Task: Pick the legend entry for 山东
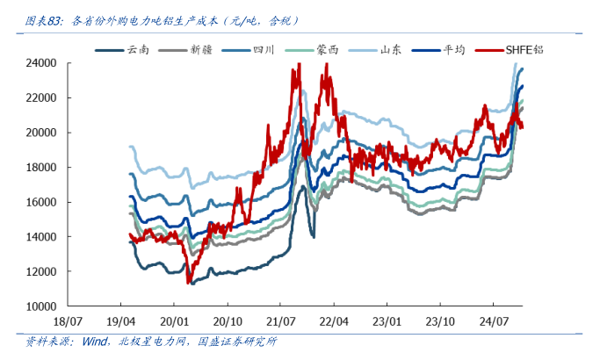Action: [x=391, y=49]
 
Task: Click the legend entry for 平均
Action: [x=455, y=49]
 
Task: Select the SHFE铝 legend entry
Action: [x=524, y=49]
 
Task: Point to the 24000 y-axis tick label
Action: [x=40, y=63]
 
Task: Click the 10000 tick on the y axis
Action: [x=40, y=306]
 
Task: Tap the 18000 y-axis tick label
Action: [x=40, y=168]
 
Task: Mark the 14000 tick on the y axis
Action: [x=40, y=237]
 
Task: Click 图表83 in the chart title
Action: [x=44, y=19]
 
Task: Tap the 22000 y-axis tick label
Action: [x=40, y=98]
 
